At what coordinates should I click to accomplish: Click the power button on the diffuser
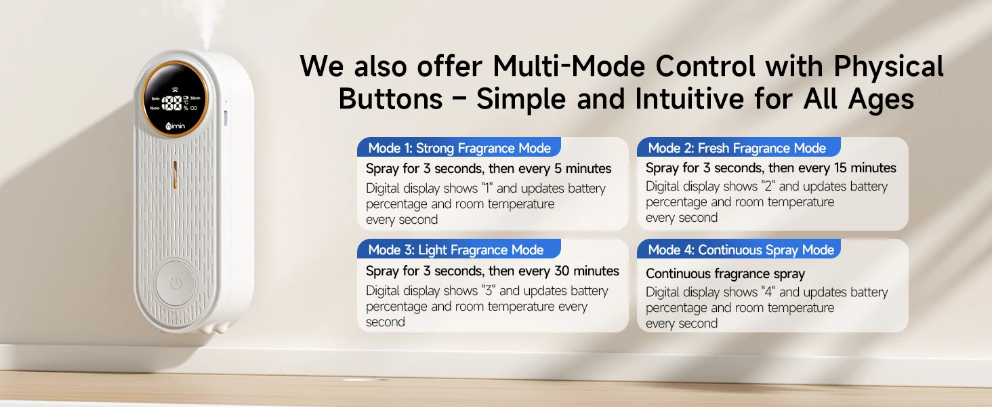[x=175, y=284]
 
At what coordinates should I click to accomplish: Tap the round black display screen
[x=175, y=99]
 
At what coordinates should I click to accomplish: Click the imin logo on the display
[x=175, y=126]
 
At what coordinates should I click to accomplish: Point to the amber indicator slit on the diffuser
[x=175, y=174]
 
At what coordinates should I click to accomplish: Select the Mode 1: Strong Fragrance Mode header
[x=459, y=148]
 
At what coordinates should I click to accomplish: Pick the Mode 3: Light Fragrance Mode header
[x=456, y=250]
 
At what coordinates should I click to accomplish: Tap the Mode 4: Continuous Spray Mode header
[x=741, y=250]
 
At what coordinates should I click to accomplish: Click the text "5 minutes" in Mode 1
[x=583, y=168]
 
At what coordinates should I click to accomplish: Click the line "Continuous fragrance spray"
[x=725, y=274]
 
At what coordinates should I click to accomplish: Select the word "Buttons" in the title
[x=390, y=98]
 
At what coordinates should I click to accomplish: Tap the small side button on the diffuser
[x=226, y=118]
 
